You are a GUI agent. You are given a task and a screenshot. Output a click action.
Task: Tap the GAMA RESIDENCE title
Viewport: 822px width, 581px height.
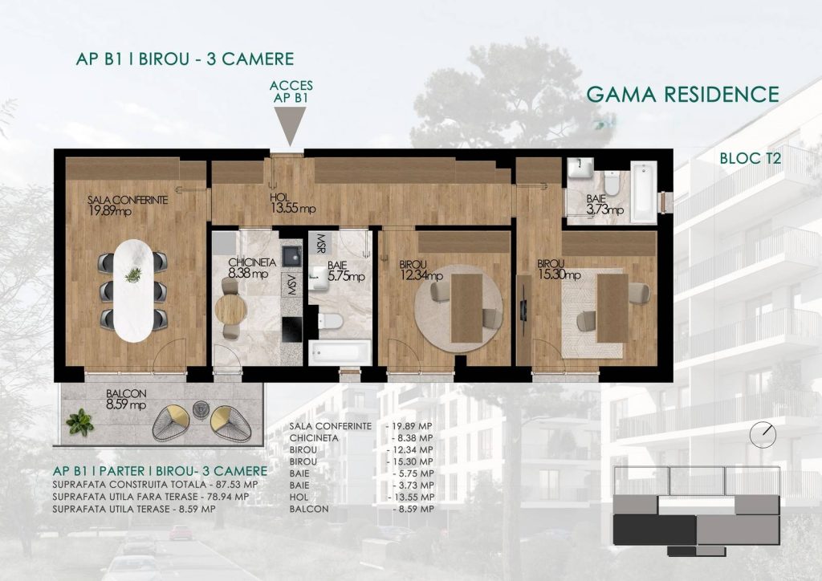pos(682,95)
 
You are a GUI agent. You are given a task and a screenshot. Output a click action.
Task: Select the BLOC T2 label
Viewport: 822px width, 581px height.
pos(751,158)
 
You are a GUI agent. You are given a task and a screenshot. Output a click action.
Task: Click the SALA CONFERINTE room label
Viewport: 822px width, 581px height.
pos(128,200)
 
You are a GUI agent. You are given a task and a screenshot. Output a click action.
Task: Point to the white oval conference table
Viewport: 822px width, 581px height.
pos(133,290)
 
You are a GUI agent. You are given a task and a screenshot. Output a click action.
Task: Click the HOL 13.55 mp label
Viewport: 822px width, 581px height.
pos(293,203)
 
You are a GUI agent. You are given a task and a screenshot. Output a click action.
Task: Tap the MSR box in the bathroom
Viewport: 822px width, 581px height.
pos(319,242)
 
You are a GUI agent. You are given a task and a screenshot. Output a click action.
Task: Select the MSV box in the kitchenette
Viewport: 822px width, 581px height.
pos(291,285)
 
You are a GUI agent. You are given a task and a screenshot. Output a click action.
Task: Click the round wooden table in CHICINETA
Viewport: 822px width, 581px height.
pos(230,309)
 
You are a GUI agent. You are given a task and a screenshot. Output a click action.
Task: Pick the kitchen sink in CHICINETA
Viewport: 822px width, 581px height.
pos(291,256)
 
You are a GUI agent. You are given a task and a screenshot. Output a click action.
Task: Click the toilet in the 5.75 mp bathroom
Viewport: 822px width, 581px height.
pos(330,321)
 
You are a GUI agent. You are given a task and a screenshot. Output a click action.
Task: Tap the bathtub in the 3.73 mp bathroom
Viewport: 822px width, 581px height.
pos(643,192)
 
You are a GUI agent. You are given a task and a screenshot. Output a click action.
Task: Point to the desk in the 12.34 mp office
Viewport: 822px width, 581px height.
pos(466,308)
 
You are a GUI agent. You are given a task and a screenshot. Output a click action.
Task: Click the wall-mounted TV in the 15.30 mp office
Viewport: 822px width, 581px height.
pos(523,309)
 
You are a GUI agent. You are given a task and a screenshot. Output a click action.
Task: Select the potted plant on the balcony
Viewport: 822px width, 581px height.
pos(80,422)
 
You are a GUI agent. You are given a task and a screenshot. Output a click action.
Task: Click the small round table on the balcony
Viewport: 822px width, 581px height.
pos(200,410)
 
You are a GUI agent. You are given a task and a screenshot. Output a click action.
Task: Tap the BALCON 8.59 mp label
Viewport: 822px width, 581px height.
pos(126,399)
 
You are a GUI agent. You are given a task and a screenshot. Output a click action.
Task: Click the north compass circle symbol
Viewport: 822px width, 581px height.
pos(763,434)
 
